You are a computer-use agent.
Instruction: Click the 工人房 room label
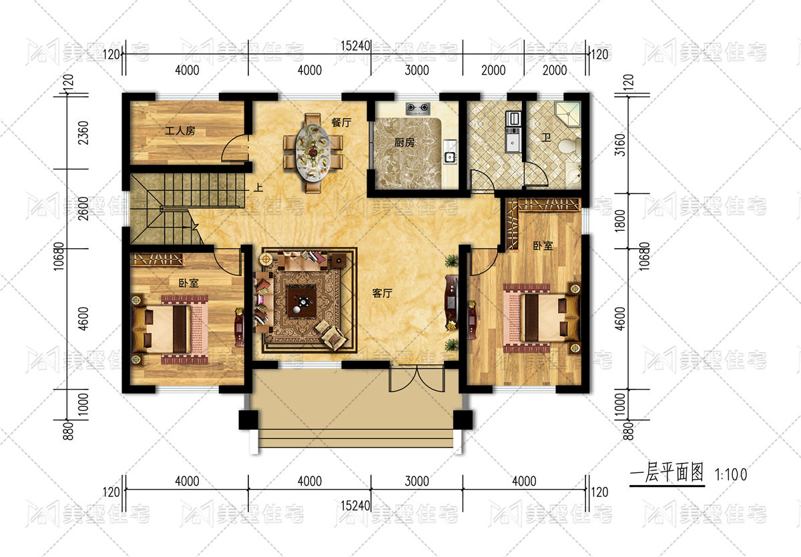click(180, 131)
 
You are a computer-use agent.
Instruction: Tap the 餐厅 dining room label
click(341, 123)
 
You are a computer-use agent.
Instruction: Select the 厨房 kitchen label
click(404, 143)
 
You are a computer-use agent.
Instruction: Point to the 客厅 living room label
click(382, 294)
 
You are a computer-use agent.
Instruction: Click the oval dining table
click(313, 152)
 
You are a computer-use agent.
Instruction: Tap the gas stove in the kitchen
click(418, 107)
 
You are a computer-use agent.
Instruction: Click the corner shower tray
click(568, 114)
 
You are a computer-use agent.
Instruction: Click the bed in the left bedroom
click(170, 330)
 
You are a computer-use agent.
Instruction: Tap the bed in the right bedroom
click(541, 318)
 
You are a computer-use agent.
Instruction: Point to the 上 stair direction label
click(258, 187)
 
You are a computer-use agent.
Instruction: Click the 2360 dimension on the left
click(83, 133)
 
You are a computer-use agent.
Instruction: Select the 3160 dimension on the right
click(620, 145)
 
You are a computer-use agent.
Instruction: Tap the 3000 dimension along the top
click(417, 70)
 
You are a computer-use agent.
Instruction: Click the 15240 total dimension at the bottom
click(355, 506)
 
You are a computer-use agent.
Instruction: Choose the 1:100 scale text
click(730, 475)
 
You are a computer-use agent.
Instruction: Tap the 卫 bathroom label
click(546, 137)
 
